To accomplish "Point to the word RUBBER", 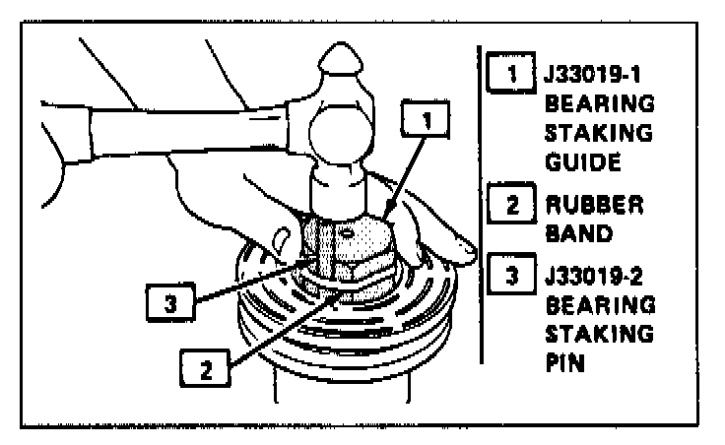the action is point(594,205).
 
